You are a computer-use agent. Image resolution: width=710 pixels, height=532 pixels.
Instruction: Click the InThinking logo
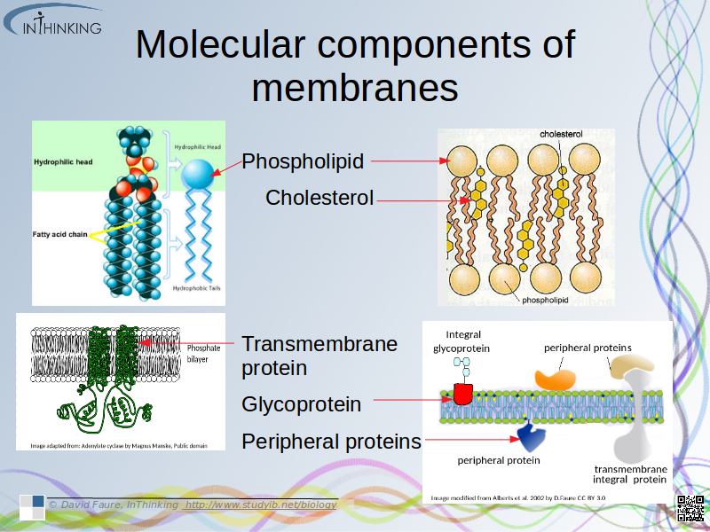click(x=55, y=21)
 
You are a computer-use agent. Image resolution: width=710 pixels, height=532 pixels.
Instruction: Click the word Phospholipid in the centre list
click(x=303, y=161)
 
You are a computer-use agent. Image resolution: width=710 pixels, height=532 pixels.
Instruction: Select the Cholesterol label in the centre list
click(x=319, y=198)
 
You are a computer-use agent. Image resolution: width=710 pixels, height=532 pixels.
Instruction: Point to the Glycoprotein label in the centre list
click(x=301, y=404)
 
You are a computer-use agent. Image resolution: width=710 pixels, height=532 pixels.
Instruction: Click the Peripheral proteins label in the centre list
click(x=331, y=441)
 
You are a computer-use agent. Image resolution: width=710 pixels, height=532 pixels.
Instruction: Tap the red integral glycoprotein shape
click(x=462, y=393)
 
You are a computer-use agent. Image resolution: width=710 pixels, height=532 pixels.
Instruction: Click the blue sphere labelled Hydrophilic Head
click(x=198, y=174)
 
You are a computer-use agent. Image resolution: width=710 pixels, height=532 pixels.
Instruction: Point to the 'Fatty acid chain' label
click(x=59, y=234)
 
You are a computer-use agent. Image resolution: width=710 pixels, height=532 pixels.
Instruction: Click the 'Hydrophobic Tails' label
click(x=196, y=289)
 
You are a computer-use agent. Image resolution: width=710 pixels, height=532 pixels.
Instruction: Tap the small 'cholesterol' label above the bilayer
click(x=561, y=134)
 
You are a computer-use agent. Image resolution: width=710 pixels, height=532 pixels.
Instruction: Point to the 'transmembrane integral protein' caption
click(x=630, y=473)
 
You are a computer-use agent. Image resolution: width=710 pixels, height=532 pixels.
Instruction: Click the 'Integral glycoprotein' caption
click(x=462, y=341)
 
